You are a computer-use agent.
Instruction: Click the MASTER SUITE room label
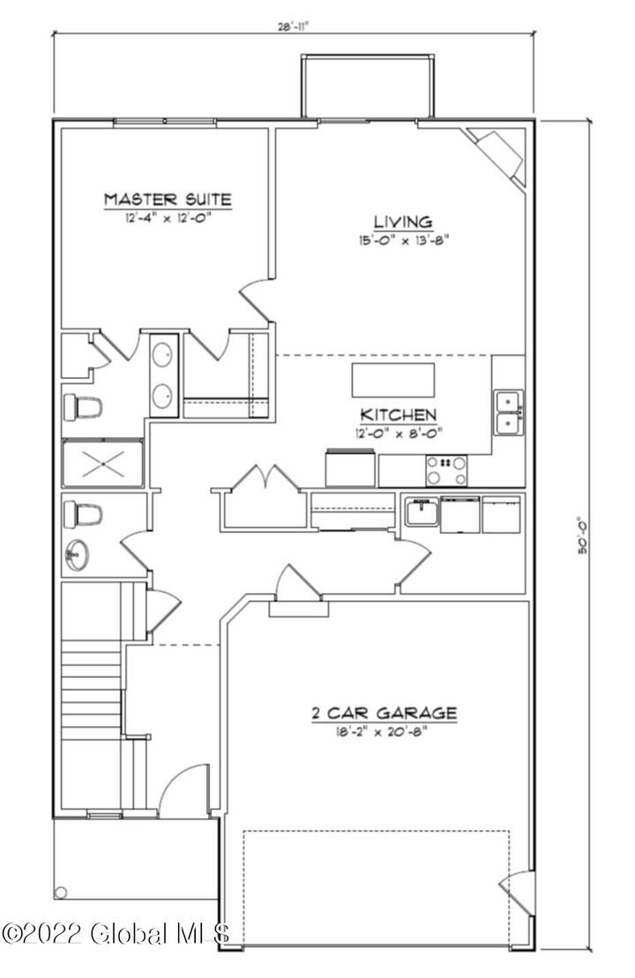168,199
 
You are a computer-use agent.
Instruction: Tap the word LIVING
401,222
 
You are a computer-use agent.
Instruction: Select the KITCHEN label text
397,414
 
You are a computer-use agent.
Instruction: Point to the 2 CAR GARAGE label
384,713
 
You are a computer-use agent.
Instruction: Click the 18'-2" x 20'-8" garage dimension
384,731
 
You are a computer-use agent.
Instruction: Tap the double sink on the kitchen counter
509,412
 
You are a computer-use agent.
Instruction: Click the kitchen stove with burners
447,470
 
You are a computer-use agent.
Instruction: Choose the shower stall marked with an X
102,463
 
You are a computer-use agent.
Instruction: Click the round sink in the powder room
77,556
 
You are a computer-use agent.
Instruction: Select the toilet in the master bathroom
83,407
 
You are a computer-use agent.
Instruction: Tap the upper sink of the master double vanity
163,355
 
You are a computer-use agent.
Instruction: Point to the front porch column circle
61,893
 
